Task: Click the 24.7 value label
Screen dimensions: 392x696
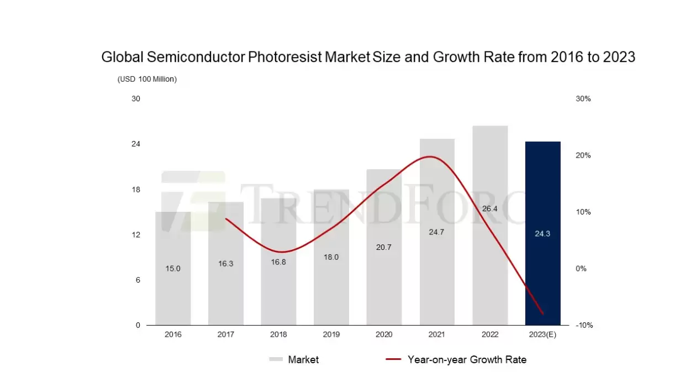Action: click(x=436, y=232)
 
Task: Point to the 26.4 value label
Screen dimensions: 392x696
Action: click(x=490, y=209)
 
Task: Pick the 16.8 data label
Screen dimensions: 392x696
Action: click(x=278, y=262)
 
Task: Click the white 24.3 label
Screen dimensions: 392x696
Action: click(x=542, y=234)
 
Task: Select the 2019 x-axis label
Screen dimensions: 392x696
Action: click(x=331, y=335)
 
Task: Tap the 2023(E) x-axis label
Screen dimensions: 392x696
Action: click(x=542, y=335)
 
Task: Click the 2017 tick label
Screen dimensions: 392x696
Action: click(x=225, y=335)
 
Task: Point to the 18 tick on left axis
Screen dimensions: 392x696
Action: click(x=135, y=190)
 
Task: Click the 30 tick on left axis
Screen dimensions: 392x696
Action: click(x=135, y=99)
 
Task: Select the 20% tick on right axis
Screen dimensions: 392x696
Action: click(x=583, y=155)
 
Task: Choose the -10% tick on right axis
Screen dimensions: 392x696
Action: click(x=584, y=325)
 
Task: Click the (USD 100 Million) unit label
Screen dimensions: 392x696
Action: click(x=147, y=79)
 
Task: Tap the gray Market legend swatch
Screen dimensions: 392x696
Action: click(x=276, y=360)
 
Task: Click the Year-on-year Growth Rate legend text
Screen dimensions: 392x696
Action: click(x=467, y=360)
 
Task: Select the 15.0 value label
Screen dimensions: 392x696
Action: click(x=173, y=269)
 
